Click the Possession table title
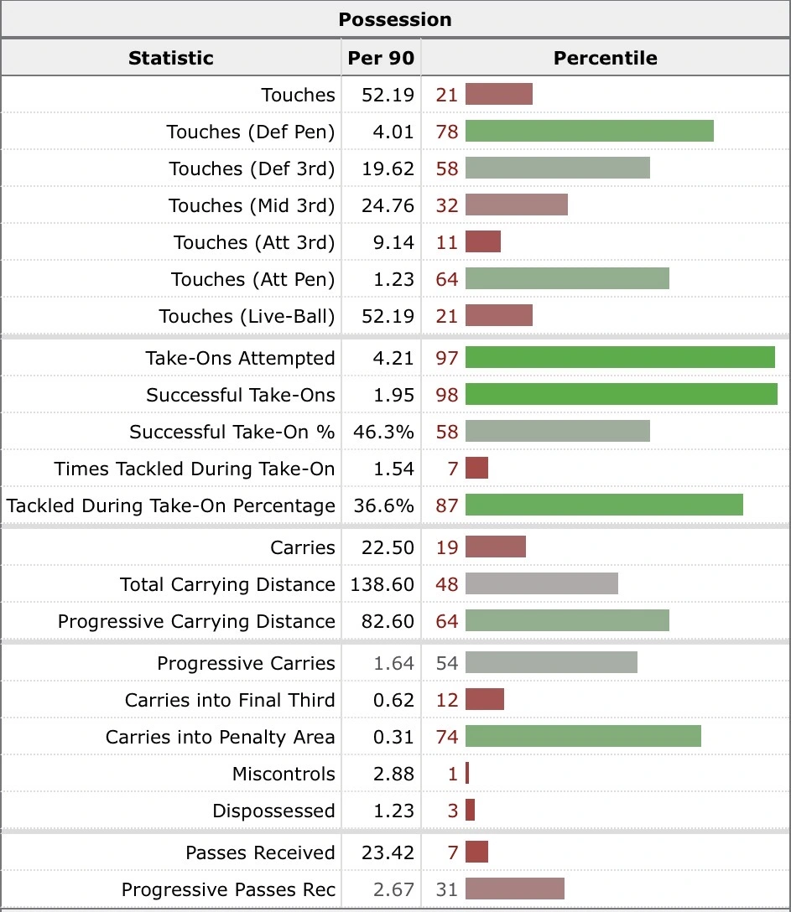[395, 19]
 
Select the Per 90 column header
[381, 58]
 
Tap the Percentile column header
[605, 58]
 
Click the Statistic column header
[170, 58]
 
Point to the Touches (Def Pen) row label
[250, 132]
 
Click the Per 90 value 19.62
[388, 168]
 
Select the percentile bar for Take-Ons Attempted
[620, 358]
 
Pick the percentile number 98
[447, 395]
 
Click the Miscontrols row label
[284, 774]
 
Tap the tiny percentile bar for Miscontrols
[467, 774]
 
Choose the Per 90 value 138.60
[382, 584]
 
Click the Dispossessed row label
[273, 811]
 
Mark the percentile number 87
[447, 505]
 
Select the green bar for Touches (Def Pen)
[589, 132]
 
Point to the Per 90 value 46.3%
[382, 432]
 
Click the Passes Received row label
[260, 852]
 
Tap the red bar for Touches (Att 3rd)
[483, 242]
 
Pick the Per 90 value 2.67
[393, 889]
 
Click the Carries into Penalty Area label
[220, 737]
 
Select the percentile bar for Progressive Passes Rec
[514, 889]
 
